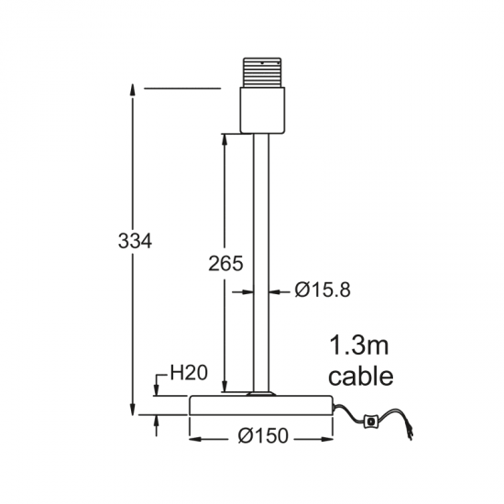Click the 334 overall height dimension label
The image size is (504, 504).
tap(135, 241)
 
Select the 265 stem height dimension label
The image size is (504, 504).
tap(225, 264)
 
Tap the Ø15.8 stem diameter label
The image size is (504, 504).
tap(323, 290)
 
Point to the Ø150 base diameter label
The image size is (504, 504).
tap(263, 436)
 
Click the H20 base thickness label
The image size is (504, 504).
tap(189, 373)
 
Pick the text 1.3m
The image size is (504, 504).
tap(359, 345)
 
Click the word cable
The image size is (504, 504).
tap(361, 376)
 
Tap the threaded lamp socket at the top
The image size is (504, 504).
tap(262, 72)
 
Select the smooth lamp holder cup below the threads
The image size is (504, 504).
tap(262, 110)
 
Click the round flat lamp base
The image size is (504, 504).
tap(260, 405)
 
